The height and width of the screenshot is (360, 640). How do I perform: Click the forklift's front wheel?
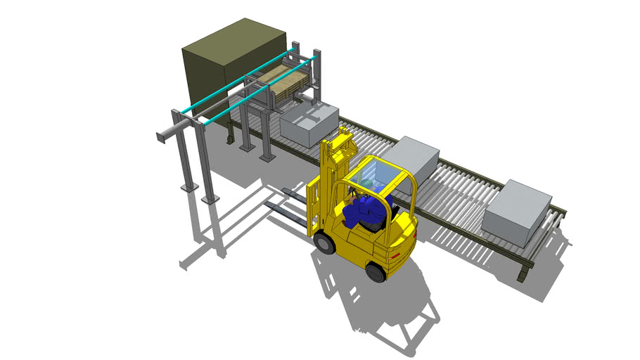coord(325,243)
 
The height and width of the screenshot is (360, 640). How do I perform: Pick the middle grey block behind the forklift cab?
coord(414,156)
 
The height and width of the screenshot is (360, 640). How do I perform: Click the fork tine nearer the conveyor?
coord(295,196)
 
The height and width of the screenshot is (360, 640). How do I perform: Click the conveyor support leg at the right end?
coord(524,270)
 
